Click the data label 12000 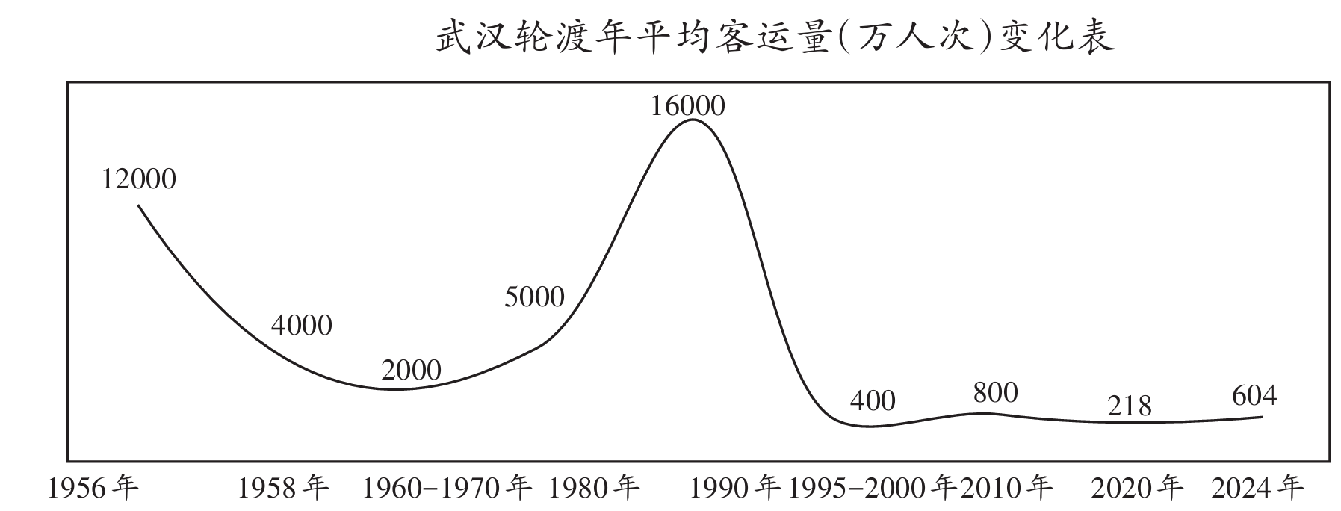[x=139, y=179]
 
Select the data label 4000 [x=301, y=325]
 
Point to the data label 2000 [x=411, y=370]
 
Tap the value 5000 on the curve [x=534, y=297]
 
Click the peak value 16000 [x=687, y=106]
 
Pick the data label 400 [x=873, y=401]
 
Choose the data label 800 [x=996, y=392]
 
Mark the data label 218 [x=1130, y=406]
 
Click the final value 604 [x=1254, y=395]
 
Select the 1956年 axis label [x=93, y=489]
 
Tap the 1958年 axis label [x=283, y=489]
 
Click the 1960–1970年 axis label [x=446, y=489]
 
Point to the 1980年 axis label [x=594, y=489]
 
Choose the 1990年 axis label [x=734, y=489]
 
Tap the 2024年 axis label [x=1257, y=489]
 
